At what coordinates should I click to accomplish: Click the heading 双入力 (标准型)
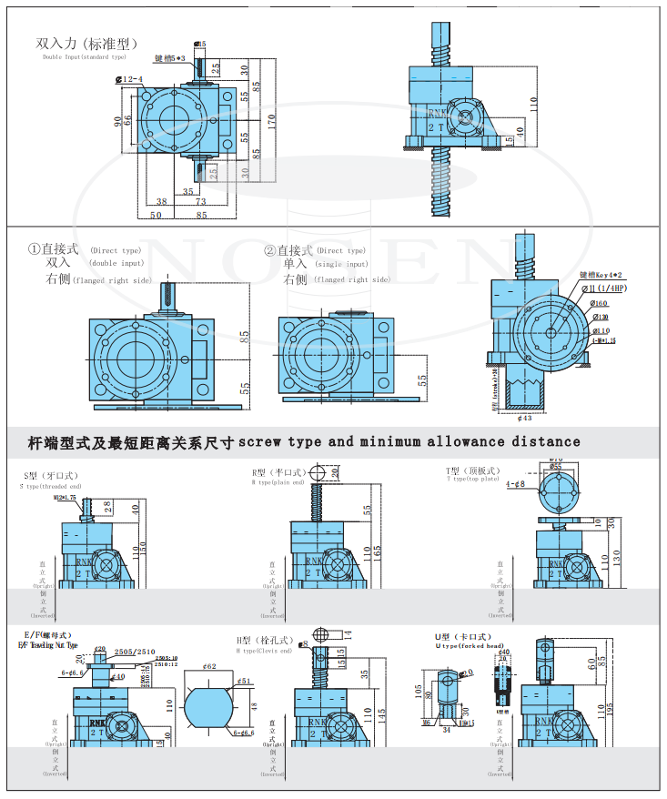86,43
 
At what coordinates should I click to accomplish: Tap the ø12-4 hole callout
129,80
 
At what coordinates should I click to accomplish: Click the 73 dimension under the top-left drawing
200,202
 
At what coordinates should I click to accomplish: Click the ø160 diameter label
598,303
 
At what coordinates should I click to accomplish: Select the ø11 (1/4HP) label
607,288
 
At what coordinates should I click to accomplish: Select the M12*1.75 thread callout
65,498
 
